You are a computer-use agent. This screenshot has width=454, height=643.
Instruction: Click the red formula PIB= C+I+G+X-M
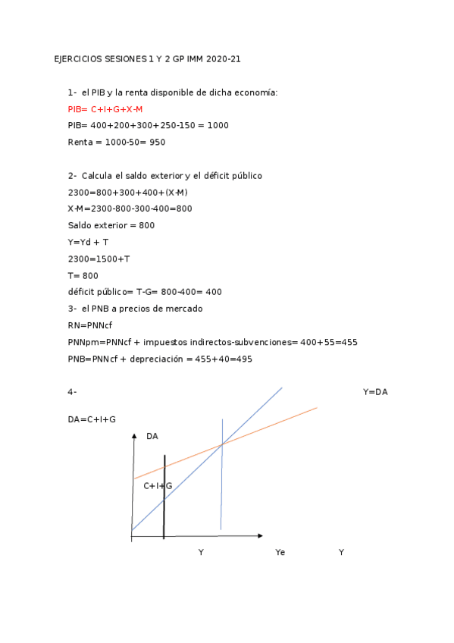click(105, 109)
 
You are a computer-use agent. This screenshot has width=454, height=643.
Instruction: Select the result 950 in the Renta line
click(157, 142)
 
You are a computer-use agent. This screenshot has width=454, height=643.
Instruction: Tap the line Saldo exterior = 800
click(111, 225)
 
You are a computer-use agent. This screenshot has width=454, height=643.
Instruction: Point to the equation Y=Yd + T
click(88, 242)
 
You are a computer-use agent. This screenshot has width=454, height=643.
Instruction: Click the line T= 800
click(83, 275)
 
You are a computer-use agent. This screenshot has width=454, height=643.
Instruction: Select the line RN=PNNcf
click(89, 325)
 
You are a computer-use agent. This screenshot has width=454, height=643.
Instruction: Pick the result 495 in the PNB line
click(243, 359)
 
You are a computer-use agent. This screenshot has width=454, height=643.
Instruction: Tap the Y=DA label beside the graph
click(375, 392)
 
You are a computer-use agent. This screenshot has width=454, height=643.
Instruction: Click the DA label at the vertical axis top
click(152, 436)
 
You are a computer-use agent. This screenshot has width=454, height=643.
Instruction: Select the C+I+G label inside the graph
click(158, 485)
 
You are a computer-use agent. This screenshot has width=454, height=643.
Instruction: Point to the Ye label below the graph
click(280, 553)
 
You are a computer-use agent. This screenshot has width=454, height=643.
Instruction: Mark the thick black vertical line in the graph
click(164, 516)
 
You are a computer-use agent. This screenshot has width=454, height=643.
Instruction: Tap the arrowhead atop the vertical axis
click(134, 436)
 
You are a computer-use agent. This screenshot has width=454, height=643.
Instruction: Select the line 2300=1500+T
click(99, 259)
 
